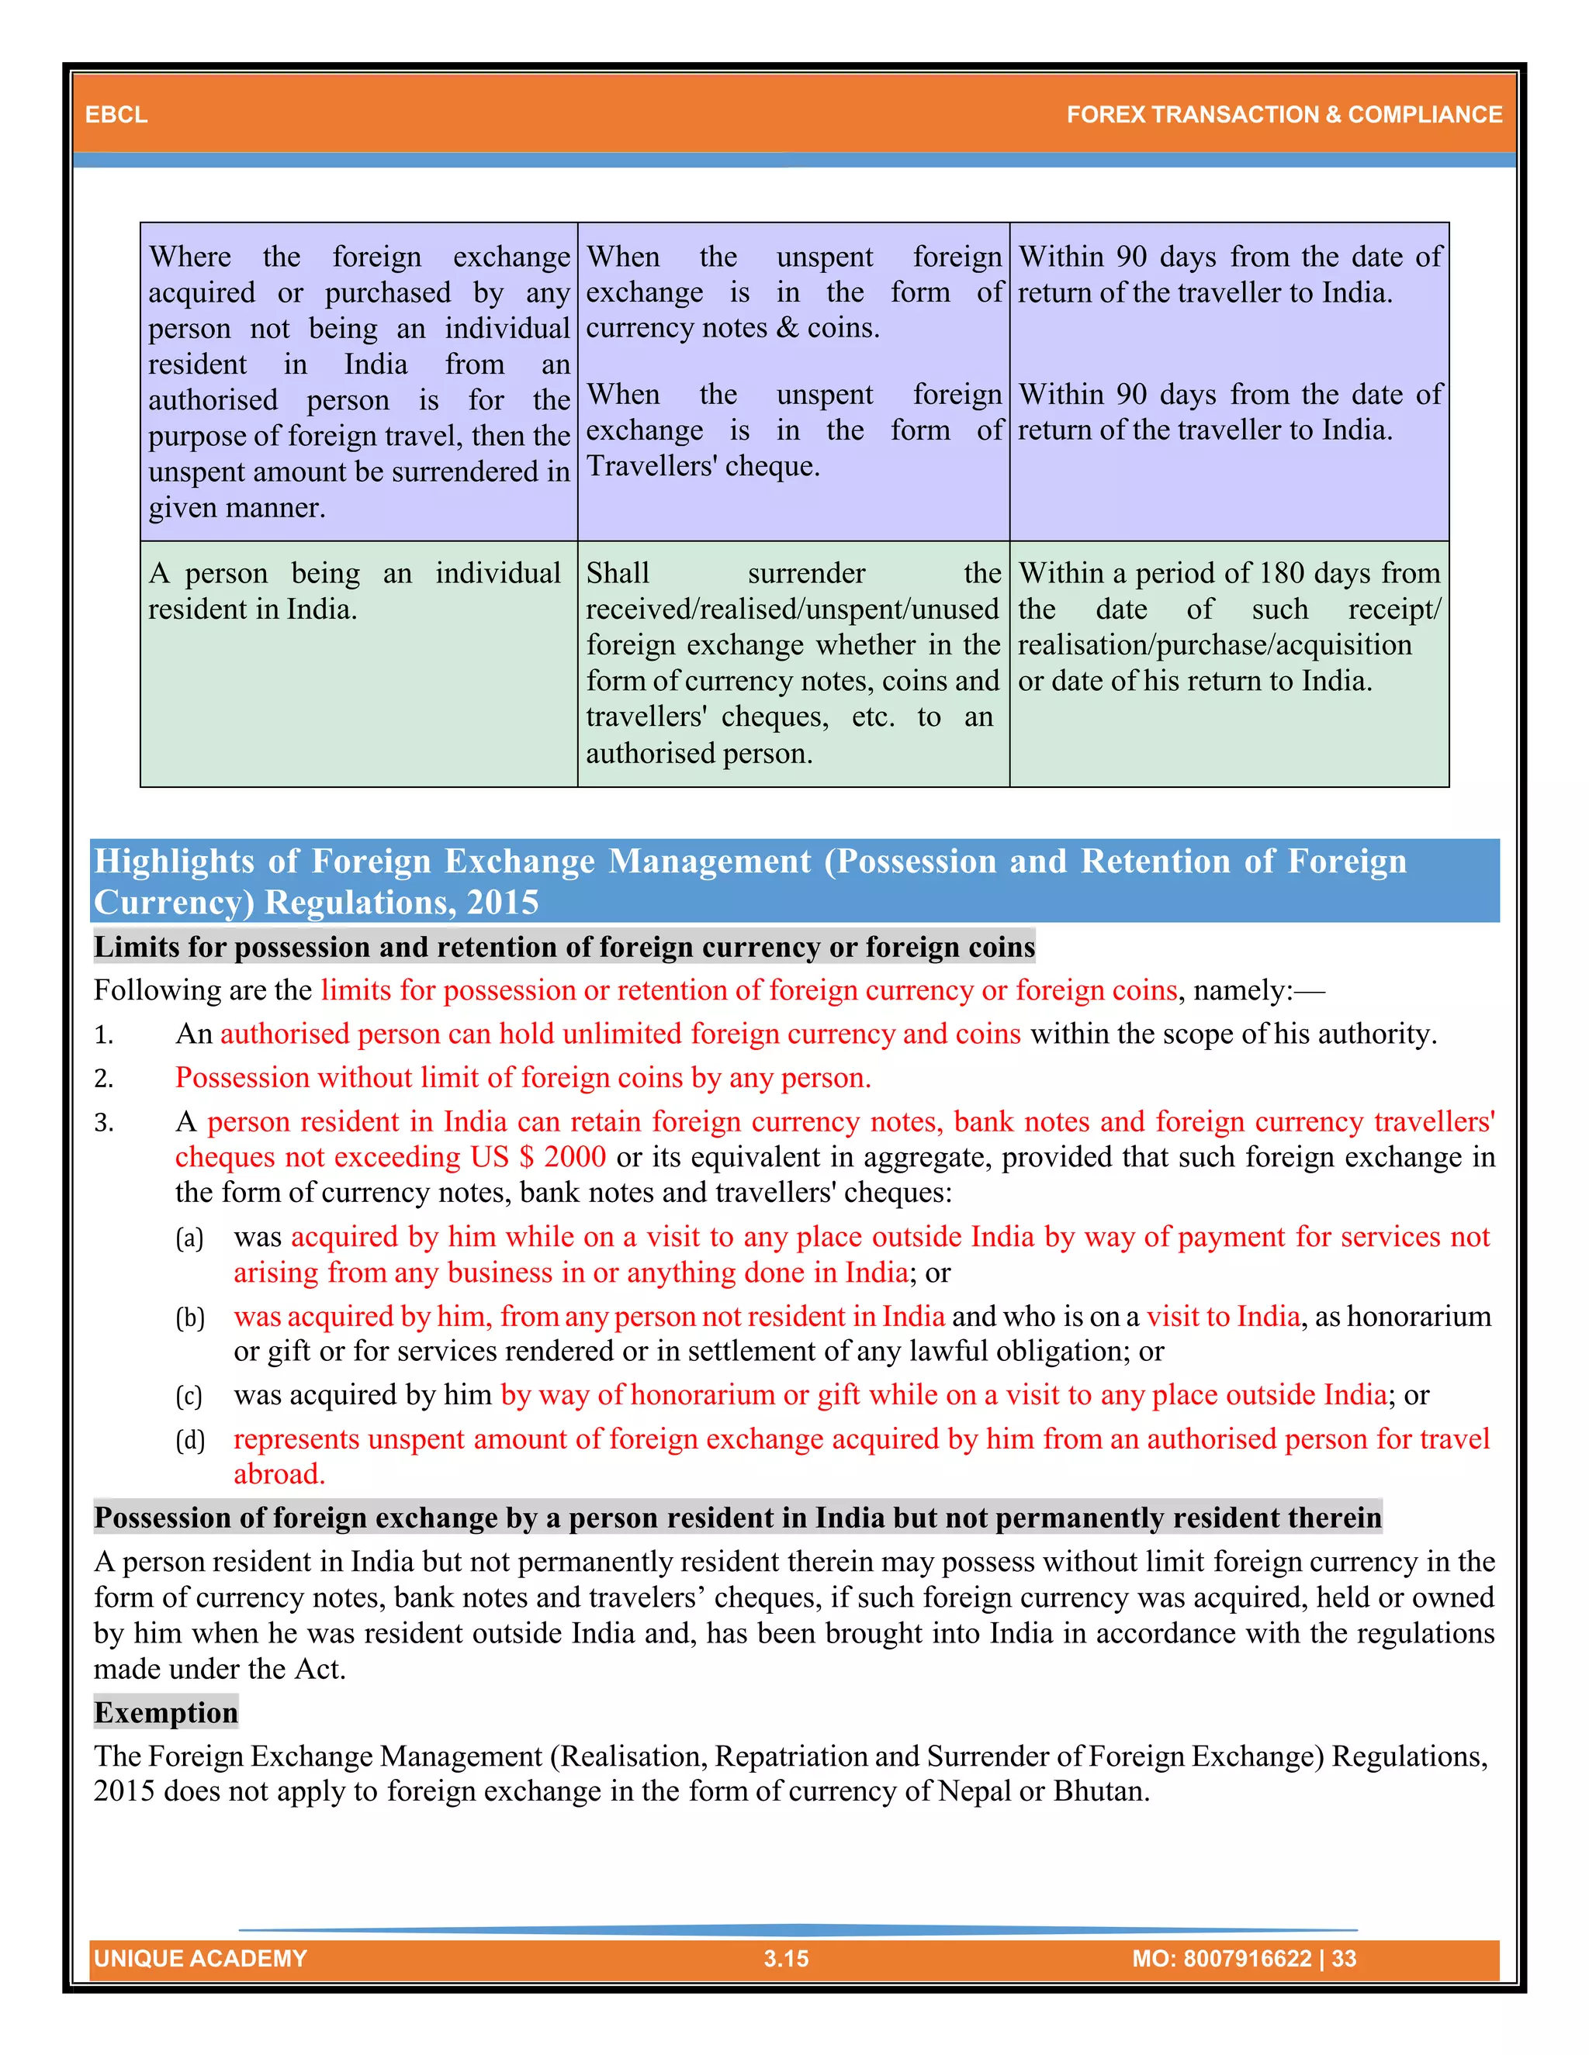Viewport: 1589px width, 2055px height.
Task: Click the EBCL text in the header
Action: click(116, 115)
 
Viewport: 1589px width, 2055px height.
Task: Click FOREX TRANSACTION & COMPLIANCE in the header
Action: click(1283, 115)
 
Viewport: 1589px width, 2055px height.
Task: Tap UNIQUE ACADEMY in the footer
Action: click(200, 1958)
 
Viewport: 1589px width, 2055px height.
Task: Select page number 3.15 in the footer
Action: click(786, 1958)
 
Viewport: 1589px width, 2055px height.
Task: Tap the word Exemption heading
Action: click(166, 1711)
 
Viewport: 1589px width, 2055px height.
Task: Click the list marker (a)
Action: click(190, 1238)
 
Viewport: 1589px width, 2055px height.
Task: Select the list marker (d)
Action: click(190, 1439)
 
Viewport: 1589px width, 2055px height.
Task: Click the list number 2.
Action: click(103, 1079)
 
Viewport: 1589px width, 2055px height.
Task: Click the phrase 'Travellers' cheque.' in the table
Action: click(702, 466)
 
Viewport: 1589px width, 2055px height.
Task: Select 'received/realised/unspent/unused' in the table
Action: click(791, 609)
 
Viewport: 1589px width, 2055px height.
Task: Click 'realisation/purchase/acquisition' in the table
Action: click(1214, 644)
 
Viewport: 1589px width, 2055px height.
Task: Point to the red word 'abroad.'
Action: click(279, 1474)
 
